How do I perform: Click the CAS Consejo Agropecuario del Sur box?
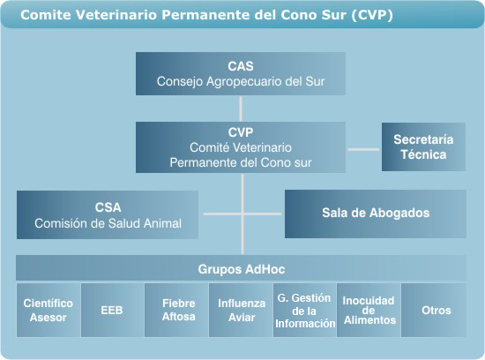pos(241,73)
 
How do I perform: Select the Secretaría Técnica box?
pos(423,146)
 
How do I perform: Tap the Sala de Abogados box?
pos(376,214)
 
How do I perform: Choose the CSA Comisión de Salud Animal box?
pos(108,214)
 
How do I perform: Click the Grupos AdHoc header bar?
pos(242,267)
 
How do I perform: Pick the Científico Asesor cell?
pos(48,311)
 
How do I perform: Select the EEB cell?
pos(112,311)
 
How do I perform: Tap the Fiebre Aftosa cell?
pos(176,311)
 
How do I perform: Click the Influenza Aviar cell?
pos(241,311)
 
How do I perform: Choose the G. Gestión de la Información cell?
pos(305,311)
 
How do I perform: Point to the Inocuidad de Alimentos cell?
pos(369,311)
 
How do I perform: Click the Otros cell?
pos(434,311)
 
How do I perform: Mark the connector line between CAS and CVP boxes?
pos(241,109)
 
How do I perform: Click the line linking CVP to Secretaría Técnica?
pos(363,149)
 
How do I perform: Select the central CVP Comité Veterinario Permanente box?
pos(241,147)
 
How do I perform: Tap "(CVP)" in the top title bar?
pos(372,15)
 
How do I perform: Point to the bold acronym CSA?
pos(108,207)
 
